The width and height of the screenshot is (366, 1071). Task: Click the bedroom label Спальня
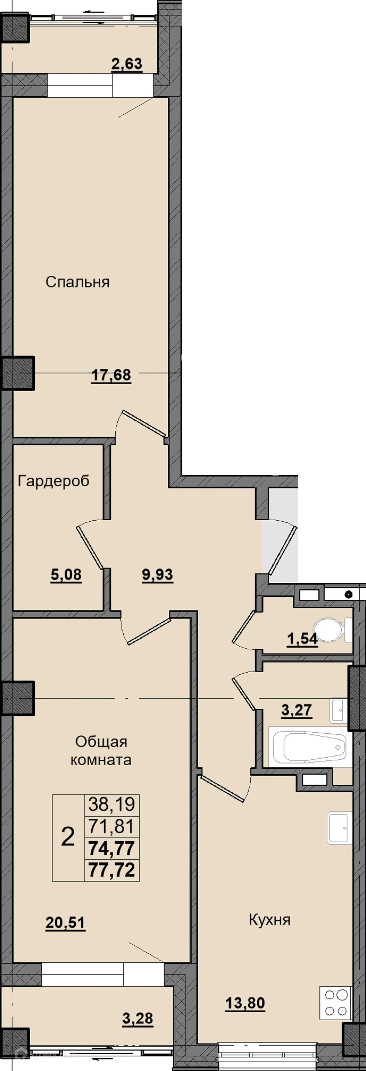(x=78, y=282)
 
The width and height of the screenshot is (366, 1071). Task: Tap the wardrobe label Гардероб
(x=54, y=481)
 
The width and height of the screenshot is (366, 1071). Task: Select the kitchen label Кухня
(x=269, y=920)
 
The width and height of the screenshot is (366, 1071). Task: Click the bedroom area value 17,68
(x=111, y=375)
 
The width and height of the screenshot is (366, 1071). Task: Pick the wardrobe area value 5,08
(x=66, y=575)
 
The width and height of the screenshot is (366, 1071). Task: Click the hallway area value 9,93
(x=157, y=575)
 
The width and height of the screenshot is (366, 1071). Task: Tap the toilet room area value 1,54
(x=302, y=639)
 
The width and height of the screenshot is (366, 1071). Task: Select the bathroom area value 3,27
(x=296, y=710)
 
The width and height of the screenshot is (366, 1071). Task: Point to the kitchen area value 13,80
(x=245, y=1003)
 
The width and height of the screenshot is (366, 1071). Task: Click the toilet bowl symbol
(x=332, y=630)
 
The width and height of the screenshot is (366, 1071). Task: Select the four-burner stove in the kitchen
(x=336, y=1003)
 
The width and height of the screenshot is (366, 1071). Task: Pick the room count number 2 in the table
(x=68, y=837)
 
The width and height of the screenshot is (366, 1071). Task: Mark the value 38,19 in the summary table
(x=112, y=805)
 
